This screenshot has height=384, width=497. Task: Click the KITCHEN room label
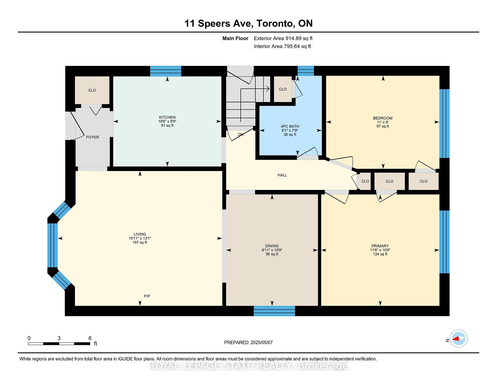tap(167, 117)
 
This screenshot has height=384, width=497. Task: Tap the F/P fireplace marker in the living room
tap(147, 296)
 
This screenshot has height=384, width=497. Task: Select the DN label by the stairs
tap(241, 134)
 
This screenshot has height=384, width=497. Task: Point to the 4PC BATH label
tap(290, 126)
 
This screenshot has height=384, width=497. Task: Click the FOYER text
tap(92, 137)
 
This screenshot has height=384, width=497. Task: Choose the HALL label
tap(282, 175)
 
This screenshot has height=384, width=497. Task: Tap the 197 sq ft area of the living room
tap(140, 242)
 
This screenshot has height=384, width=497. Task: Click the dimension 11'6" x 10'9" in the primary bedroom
tap(380, 250)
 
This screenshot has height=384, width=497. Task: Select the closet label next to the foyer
tap(92, 90)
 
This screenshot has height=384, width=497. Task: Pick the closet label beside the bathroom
tap(283, 89)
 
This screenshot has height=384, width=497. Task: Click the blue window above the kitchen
tap(166, 71)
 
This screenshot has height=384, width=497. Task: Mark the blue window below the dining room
tap(274, 311)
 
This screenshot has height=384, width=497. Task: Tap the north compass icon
tap(459, 338)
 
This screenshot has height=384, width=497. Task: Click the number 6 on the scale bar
tap(90, 338)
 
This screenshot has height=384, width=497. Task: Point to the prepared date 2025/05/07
tap(262, 342)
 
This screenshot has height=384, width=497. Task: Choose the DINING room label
tap(272, 246)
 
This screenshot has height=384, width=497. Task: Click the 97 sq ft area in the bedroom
tap(383, 126)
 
